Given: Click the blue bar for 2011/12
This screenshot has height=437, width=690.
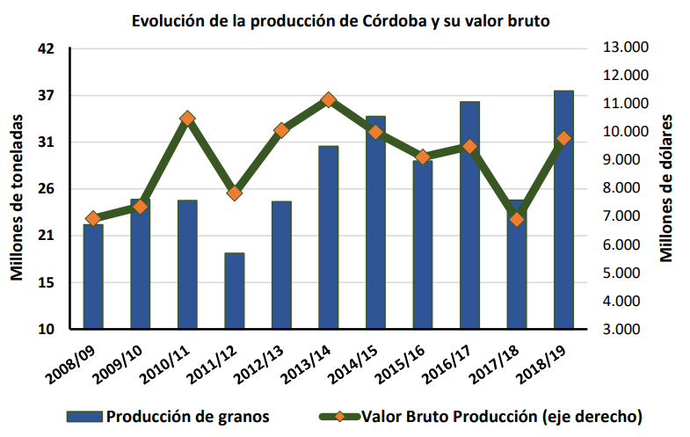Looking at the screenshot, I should [234, 291].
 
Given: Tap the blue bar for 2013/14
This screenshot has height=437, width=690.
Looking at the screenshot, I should [328, 237].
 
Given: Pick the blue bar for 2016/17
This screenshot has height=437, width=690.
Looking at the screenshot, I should [469, 215].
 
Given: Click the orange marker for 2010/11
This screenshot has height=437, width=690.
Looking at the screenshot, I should [187, 118].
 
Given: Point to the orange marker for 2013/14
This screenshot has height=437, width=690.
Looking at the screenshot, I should [328, 99].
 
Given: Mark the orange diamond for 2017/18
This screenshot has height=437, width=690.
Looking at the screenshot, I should [517, 219].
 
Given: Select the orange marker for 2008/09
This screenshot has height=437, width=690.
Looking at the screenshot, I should [93, 218].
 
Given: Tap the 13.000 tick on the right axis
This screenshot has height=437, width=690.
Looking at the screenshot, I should [624, 47].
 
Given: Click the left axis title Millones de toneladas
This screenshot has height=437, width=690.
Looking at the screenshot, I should [17, 188].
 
